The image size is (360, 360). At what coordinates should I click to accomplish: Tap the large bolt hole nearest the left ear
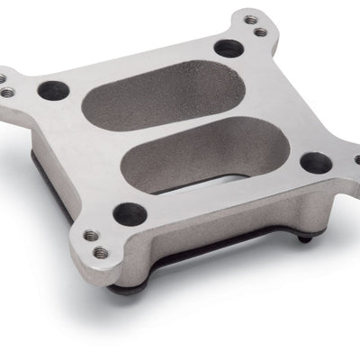click(54, 89)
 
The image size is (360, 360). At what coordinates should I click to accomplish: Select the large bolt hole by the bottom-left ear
click(130, 213)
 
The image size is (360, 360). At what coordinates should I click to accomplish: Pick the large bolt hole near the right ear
click(314, 163)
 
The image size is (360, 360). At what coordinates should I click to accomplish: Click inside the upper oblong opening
click(176, 94)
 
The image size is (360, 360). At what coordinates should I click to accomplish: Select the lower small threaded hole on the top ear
click(260, 32)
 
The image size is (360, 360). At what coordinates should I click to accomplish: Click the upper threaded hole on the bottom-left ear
click(89, 235)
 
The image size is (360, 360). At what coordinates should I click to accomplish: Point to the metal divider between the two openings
click(180, 126)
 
